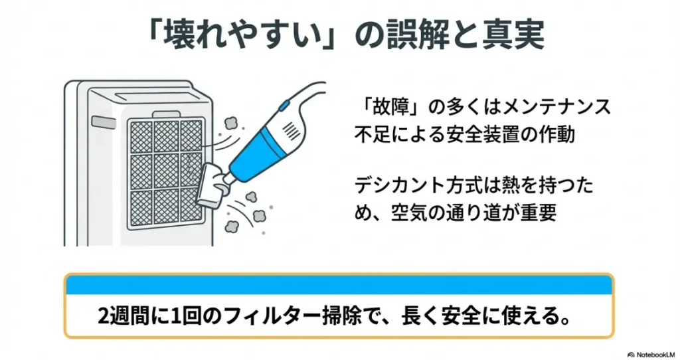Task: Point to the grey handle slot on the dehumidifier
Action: point(104,123)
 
